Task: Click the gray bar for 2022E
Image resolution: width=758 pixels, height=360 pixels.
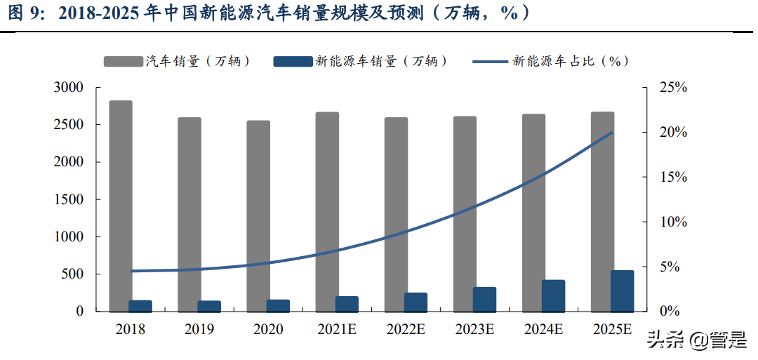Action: [x=396, y=214]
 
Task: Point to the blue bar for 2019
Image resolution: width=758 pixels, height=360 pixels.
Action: [x=209, y=306]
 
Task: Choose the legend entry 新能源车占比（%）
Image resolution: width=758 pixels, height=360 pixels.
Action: [x=552, y=61]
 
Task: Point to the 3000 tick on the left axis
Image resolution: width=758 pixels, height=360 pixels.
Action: [x=69, y=88]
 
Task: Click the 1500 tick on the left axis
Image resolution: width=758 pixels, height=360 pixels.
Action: [x=69, y=199]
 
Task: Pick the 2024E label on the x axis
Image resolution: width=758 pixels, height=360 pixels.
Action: [x=543, y=329]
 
